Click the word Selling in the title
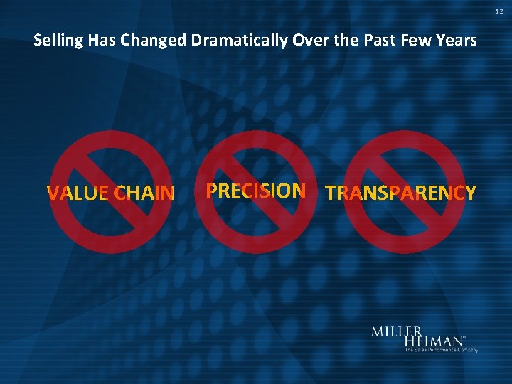coord(58,41)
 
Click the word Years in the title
coord(456,41)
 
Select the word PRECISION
coord(255,191)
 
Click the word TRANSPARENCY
coord(400,193)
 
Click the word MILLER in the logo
coord(397,332)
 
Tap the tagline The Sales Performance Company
coord(441,350)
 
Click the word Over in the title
coord(307,41)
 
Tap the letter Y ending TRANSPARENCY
coord(470,193)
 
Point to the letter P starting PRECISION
coord(211,191)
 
